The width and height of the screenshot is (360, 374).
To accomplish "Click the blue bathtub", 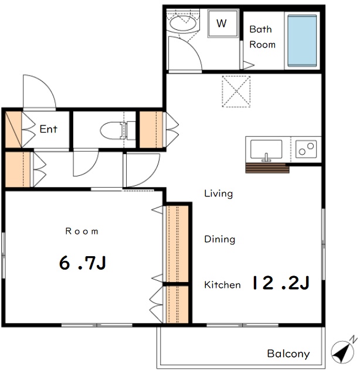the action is click(302, 40).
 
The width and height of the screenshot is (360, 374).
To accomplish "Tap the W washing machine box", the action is click(223, 23).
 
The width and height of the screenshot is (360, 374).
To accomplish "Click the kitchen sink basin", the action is click(266, 149).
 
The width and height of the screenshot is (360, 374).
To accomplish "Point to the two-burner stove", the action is click(306, 149).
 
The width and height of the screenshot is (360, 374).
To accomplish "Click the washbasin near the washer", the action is click(183, 23).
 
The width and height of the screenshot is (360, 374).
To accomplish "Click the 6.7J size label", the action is click(83, 263).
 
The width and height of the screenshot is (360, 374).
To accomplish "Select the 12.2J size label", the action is click(281, 283).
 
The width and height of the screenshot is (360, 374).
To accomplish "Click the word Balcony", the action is click(288, 353).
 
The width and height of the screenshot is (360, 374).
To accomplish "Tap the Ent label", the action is click(49, 129).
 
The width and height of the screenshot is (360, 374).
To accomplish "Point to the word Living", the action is click(218, 193).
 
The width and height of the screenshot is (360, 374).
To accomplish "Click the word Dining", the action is click(220, 239).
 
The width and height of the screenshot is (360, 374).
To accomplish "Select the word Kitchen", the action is click(222, 285).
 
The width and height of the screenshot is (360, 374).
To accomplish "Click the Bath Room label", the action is click(262, 37).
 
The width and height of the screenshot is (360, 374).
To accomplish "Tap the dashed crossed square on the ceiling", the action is click(236, 91).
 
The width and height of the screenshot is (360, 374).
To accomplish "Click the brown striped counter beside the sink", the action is click(267, 168).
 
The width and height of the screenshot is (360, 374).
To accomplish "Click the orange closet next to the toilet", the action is click(151, 130).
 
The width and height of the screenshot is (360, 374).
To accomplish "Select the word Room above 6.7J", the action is click(82, 231).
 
